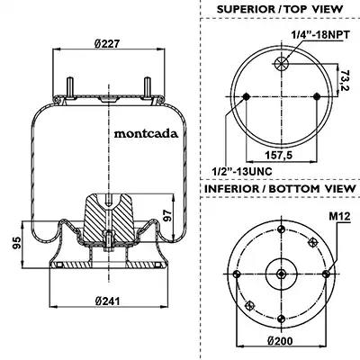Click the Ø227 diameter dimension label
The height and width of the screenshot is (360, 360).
[x=107, y=44]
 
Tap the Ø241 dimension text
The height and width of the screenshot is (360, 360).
[x=107, y=301]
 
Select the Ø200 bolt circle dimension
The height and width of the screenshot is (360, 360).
[x=280, y=341]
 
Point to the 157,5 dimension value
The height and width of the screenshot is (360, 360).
[x=279, y=155]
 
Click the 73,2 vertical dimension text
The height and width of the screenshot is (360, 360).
[x=346, y=81]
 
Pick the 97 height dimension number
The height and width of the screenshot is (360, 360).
[x=167, y=216]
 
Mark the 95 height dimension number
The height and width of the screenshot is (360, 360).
[x=17, y=243]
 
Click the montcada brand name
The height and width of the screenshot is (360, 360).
[x=146, y=133]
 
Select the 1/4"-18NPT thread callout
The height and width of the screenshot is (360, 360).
[x=320, y=35]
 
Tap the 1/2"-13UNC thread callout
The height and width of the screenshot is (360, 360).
[x=242, y=172]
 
